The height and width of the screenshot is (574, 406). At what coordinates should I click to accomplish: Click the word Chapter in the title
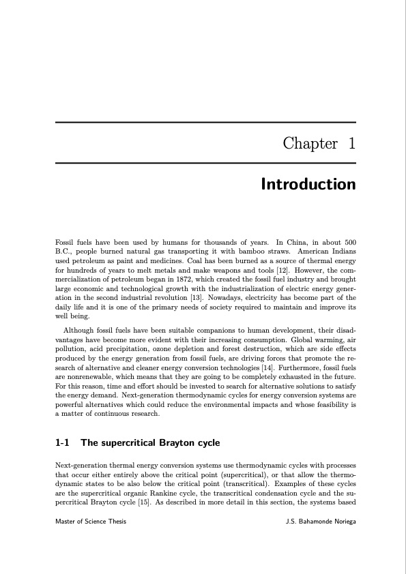310,144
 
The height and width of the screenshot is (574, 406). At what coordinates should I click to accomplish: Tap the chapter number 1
351,144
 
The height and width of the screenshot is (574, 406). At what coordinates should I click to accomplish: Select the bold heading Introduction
308,185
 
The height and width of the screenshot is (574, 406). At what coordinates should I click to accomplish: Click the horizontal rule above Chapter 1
205,123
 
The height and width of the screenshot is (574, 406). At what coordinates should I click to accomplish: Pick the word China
289,243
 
